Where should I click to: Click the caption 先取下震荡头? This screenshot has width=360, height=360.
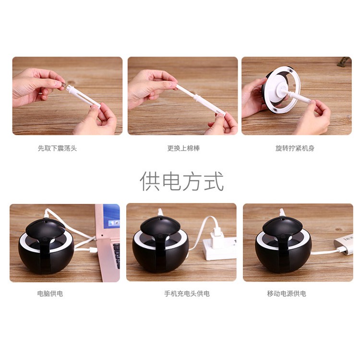coord(57,148)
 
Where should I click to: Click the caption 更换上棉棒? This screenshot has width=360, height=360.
coord(183,148)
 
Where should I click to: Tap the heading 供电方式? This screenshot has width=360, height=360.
coord(181,181)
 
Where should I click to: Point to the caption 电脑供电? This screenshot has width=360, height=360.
coord(50,293)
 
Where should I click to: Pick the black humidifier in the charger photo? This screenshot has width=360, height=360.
coord(161,245)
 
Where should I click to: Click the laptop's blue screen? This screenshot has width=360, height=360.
coord(111,216)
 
